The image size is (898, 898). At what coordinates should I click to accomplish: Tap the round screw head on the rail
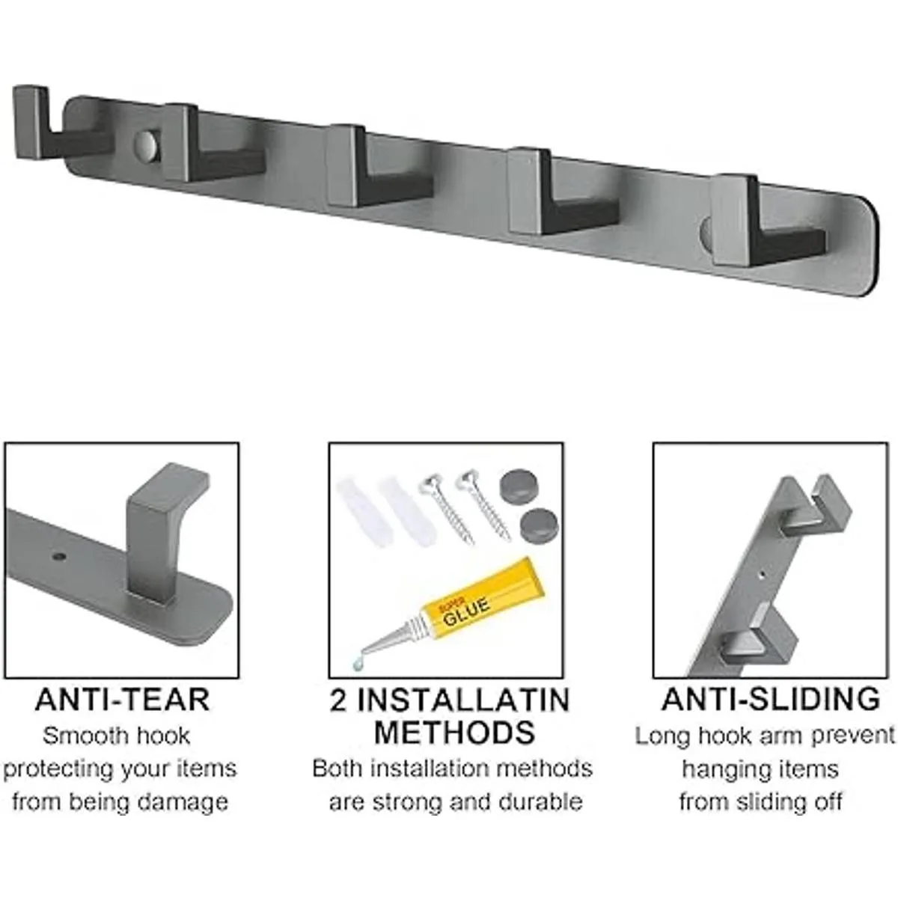(147, 144)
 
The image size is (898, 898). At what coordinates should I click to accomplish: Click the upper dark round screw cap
(518, 487)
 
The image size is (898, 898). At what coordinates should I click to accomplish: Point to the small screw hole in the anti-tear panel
(58, 556)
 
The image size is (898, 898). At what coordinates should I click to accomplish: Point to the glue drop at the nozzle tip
(357, 667)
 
